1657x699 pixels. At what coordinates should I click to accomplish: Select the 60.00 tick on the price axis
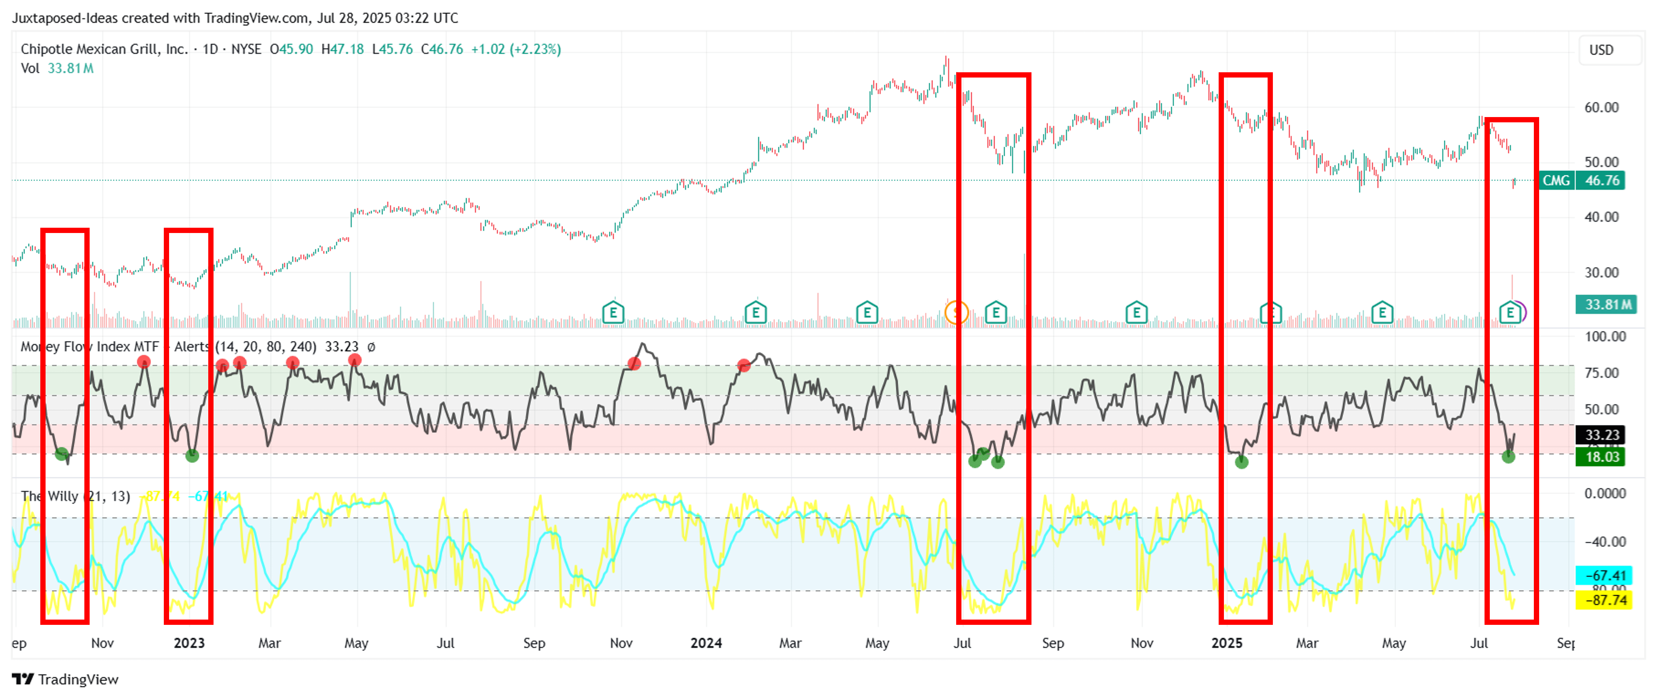(x=1601, y=107)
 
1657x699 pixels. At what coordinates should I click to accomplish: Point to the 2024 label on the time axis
(x=706, y=643)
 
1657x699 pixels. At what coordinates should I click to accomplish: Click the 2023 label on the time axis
(x=189, y=643)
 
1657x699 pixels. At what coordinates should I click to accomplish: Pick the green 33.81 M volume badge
(x=1605, y=304)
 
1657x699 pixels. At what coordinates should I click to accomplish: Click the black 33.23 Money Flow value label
(x=1601, y=435)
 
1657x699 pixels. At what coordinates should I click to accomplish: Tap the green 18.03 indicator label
(x=1601, y=457)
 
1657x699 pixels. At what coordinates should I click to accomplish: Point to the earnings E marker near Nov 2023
(x=613, y=313)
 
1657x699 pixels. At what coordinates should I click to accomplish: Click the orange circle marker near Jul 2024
(x=957, y=313)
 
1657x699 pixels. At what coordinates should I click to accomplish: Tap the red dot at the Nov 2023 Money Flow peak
(x=634, y=364)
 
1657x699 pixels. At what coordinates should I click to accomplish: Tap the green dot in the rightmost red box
(x=1508, y=457)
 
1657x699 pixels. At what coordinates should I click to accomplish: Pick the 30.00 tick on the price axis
(x=1601, y=272)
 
